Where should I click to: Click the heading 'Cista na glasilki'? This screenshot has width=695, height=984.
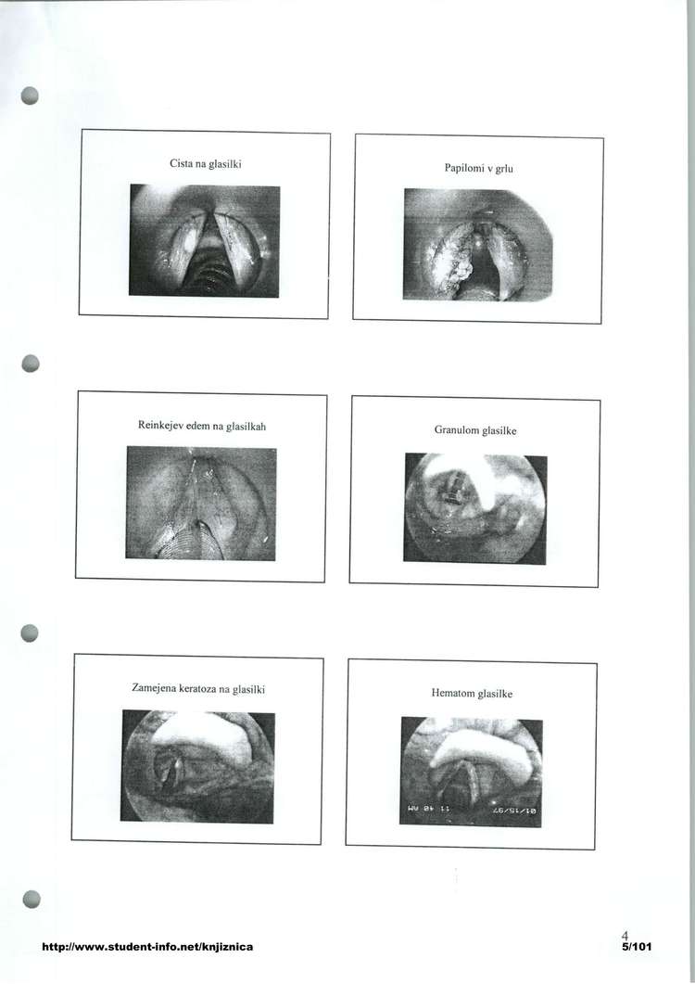point(206,164)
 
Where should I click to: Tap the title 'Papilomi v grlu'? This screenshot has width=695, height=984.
point(478,168)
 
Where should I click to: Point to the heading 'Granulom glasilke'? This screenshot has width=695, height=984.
point(475,430)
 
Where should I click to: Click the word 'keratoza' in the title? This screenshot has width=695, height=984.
point(198,688)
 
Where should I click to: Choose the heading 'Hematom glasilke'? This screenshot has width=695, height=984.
point(472,694)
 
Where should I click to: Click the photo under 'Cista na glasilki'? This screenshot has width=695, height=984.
point(205,240)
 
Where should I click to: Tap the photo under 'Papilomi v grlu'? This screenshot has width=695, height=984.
point(478,245)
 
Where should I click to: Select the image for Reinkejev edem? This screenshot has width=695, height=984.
point(201,504)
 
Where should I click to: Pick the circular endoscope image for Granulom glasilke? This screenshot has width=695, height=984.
point(474,509)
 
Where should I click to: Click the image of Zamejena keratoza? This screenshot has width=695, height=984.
point(197,767)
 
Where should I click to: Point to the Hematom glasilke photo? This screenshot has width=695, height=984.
point(471,772)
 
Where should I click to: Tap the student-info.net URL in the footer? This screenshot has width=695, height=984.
point(147,946)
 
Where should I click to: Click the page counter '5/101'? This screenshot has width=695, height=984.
point(636,946)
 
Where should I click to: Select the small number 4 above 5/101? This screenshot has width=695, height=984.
point(625,936)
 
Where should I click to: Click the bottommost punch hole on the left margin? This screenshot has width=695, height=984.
point(32,900)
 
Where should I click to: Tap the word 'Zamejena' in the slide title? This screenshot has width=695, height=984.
point(154,688)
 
